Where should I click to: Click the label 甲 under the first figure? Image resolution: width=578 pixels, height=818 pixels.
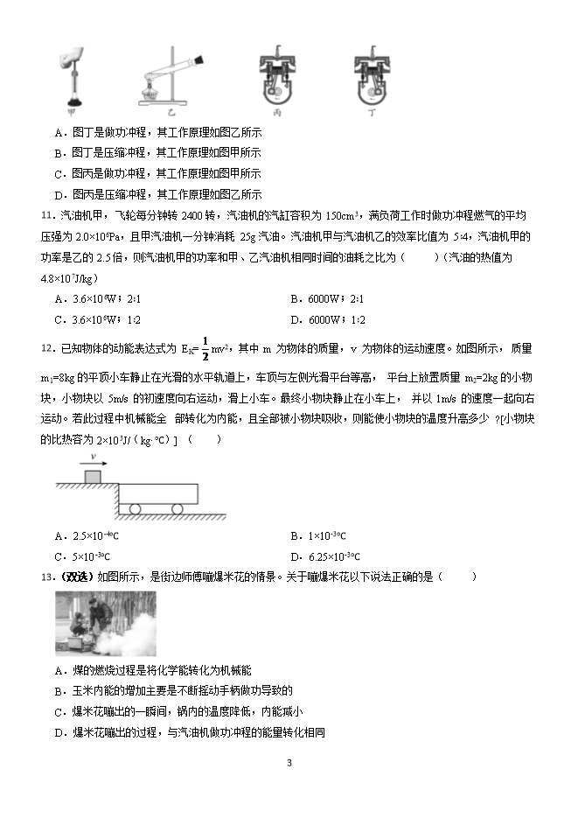click(x=69, y=111)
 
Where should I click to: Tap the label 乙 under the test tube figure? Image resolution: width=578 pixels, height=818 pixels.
click(x=171, y=112)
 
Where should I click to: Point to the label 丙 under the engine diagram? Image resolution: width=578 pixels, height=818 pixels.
click(x=277, y=113)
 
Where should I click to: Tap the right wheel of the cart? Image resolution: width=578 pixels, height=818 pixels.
click(x=178, y=508)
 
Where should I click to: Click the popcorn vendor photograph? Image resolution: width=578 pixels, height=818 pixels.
click(x=106, y=623)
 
